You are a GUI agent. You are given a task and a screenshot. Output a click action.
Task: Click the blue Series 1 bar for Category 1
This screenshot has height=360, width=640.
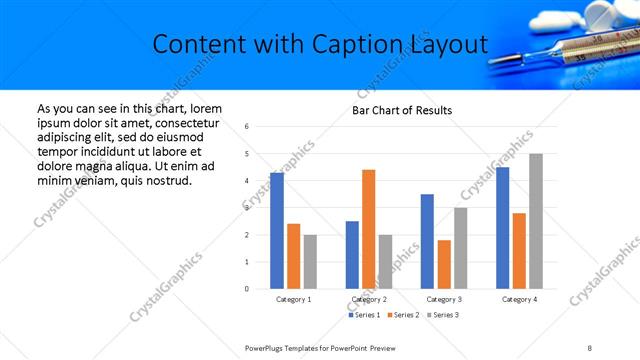[276, 231]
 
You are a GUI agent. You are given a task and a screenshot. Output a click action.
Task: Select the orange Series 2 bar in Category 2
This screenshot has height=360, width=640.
[368, 229]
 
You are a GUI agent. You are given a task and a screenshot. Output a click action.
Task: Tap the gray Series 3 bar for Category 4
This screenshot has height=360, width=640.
[535, 221]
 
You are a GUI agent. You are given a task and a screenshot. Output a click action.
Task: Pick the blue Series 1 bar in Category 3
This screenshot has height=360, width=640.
[427, 241]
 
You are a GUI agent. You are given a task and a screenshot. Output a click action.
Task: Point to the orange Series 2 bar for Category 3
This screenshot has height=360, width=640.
[444, 264]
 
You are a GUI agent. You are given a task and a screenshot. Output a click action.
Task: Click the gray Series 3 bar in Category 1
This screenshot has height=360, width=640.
[310, 261]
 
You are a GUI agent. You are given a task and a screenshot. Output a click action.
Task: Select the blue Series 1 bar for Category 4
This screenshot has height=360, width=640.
[502, 228]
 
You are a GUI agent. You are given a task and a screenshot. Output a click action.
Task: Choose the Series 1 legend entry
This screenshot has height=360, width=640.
[364, 315]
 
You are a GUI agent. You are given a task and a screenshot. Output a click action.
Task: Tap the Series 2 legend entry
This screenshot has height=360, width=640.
[403, 315]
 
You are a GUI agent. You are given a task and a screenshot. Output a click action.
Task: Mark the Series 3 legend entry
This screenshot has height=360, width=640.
[442, 315]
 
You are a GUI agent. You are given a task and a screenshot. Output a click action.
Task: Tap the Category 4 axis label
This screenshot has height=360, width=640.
[518, 299]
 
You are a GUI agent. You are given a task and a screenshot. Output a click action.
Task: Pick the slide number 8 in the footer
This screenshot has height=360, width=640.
[590, 347]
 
